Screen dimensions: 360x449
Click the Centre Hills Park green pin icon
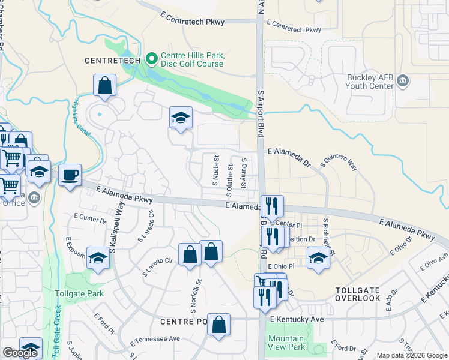pos(152,59)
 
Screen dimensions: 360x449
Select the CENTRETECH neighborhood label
pos(112,61)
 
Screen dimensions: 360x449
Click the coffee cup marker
pos(71,175)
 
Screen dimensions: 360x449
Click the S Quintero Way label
pos(340,161)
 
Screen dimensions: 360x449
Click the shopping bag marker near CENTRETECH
pos(105,86)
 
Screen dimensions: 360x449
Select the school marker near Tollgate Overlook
pos(318,259)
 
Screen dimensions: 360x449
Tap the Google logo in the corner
pos(20,353)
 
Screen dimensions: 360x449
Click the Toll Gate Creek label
pos(58,324)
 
